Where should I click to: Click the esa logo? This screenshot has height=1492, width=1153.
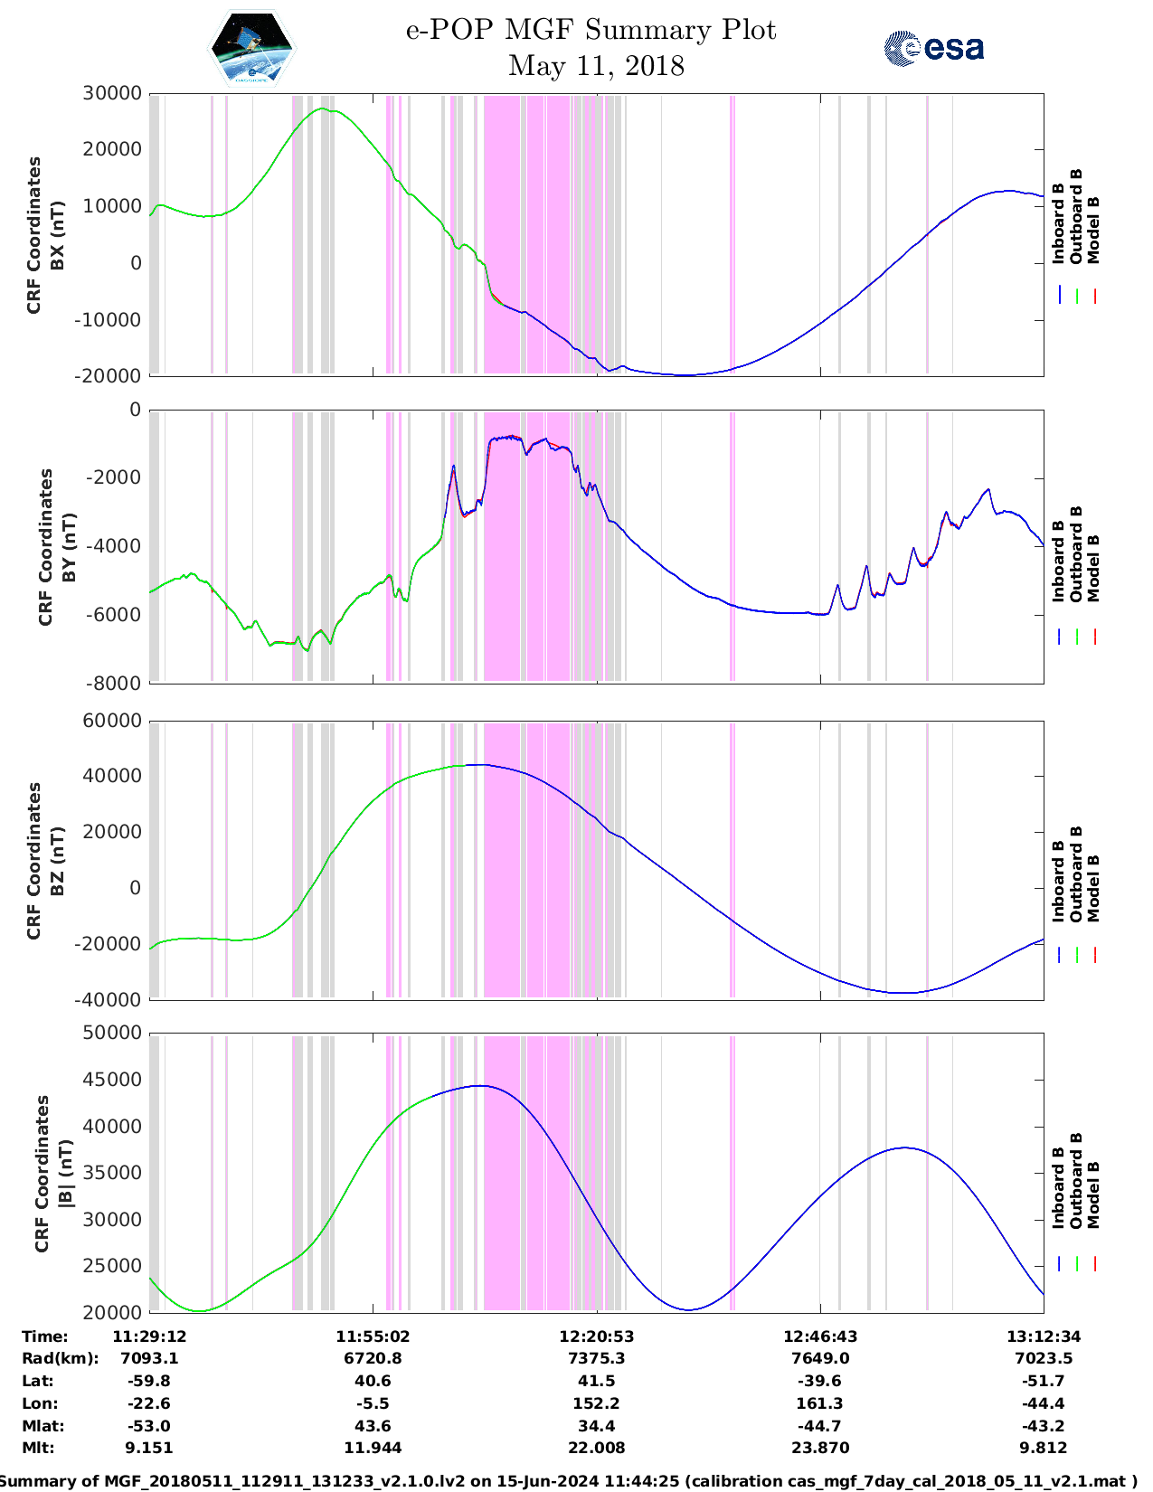coord(933,47)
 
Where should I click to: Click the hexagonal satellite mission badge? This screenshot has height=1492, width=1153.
coord(251,48)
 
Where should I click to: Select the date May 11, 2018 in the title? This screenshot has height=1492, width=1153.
coord(596,66)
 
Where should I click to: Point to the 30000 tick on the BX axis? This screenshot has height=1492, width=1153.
coord(112,93)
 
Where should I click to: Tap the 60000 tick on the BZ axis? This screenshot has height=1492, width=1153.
coord(112,721)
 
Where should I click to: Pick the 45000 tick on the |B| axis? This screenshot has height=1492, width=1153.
coord(112,1080)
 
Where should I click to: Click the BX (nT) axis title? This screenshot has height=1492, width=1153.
coord(57,235)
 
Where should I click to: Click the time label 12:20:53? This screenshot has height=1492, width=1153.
coord(596,1336)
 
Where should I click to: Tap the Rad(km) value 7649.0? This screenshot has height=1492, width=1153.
coord(819,1358)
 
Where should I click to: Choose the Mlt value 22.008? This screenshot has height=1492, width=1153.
coord(596,1448)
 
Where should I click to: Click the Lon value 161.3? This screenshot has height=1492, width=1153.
coord(819,1403)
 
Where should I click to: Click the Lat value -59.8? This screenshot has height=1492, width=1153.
coord(149,1381)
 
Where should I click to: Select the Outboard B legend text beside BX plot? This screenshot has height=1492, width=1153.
coord(1076,217)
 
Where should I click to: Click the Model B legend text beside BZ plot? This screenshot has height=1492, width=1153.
coord(1093,888)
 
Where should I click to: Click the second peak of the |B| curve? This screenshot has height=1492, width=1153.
coord(904,1147)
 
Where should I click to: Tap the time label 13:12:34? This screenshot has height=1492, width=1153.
coord(1043,1336)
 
